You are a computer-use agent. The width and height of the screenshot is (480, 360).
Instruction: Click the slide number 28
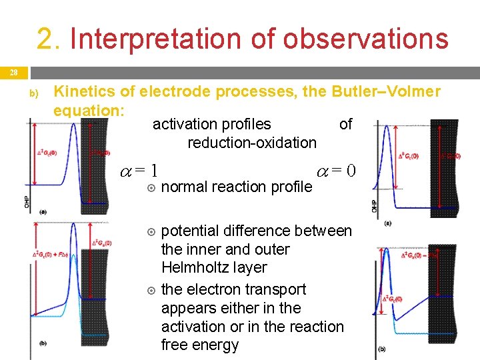click(14, 72)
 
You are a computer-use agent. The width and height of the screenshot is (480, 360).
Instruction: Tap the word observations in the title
click(365, 39)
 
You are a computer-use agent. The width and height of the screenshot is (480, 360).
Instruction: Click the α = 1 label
click(138, 171)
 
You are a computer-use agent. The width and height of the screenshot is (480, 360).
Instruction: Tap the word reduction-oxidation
click(252, 142)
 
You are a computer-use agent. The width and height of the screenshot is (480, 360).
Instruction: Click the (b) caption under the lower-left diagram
click(43, 343)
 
